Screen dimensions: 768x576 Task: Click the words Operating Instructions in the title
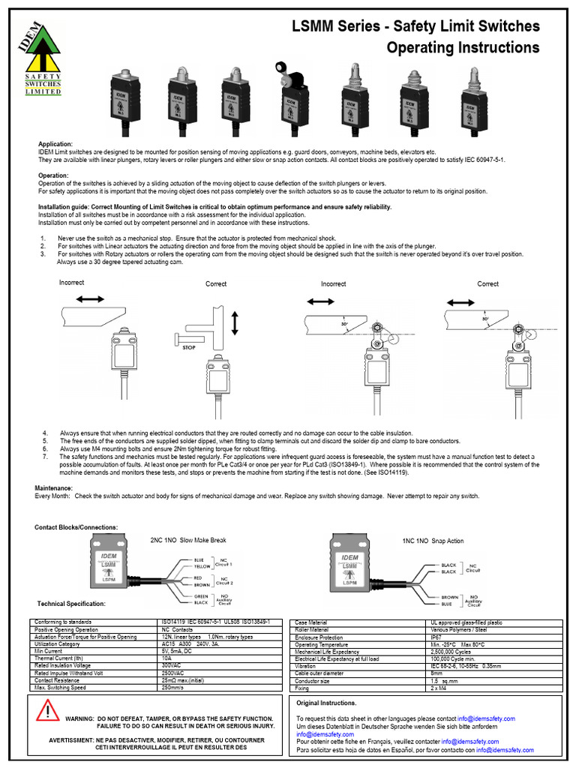point(462,48)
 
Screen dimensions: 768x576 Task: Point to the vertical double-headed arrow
point(235,324)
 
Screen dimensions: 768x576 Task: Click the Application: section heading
point(55,143)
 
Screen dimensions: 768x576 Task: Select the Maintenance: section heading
point(58,487)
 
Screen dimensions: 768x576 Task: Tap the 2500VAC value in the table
point(173,673)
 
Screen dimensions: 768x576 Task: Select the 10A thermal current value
point(167,658)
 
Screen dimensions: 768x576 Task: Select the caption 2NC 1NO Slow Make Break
point(188,540)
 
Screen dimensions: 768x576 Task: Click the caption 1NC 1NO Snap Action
point(433,541)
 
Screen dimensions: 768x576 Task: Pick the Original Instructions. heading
point(326,703)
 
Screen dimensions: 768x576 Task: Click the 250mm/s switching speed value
point(174,688)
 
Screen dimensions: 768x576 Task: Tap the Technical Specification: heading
point(71,604)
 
